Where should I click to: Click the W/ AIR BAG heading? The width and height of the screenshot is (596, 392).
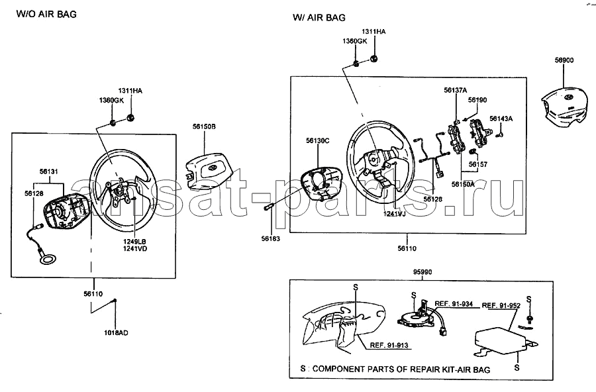pos(319,17)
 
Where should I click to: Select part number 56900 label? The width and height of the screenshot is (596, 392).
pos(564,60)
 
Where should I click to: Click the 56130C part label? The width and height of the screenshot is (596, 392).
pos(317,140)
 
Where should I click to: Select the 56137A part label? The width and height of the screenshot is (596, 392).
pos(456,89)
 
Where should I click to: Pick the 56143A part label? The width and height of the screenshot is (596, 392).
pos(501,118)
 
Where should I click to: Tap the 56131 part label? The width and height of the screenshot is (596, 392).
pos(49,171)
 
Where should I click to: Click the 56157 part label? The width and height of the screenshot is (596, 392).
pos(477,163)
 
